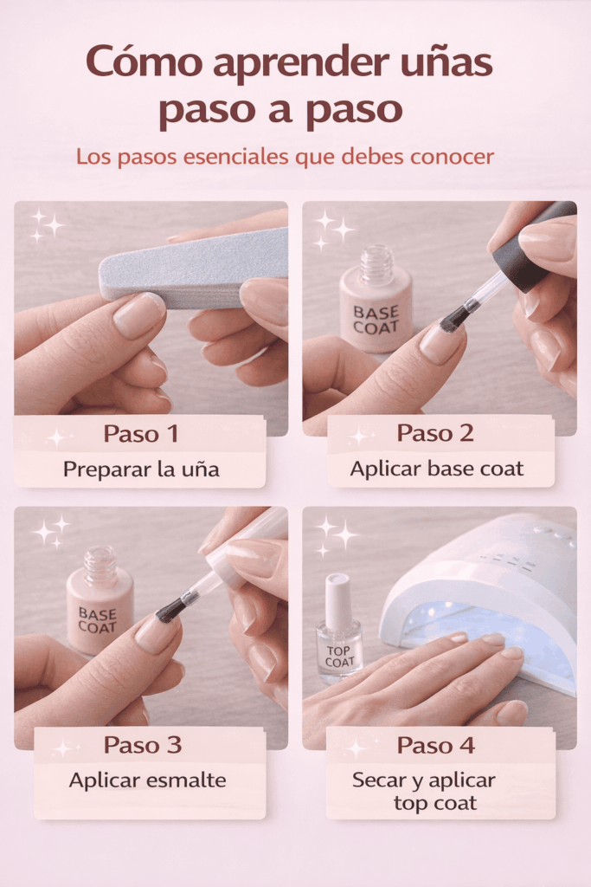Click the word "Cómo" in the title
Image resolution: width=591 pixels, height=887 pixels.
click(x=145, y=61)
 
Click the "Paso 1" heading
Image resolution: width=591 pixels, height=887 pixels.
click(x=141, y=434)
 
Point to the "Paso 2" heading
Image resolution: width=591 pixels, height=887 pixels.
click(x=435, y=433)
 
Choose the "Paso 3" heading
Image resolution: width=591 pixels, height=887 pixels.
click(x=143, y=745)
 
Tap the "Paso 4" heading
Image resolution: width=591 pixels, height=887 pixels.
click(x=435, y=745)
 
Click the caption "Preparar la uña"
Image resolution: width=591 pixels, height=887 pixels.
click(x=141, y=469)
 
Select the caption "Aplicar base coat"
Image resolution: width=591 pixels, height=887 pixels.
click(x=436, y=469)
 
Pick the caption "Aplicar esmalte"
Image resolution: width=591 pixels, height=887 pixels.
click(x=147, y=780)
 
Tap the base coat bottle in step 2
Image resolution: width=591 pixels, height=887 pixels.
click(x=376, y=299)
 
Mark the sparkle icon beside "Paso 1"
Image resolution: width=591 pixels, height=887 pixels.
click(x=56, y=437)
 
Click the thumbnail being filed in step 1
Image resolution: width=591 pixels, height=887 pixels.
click(x=139, y=315)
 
